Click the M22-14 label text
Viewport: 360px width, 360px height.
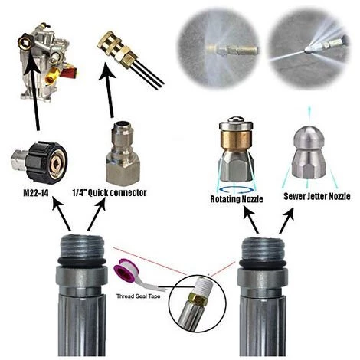tap(36, 193)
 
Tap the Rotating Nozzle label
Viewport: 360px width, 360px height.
tap(237, 199)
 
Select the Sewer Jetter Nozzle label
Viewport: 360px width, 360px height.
tap(317, 196)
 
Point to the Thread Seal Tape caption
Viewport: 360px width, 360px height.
tap(139, 296)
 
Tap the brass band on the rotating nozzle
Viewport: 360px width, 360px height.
tap(236, 139)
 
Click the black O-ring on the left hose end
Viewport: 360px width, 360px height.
tap(81, 262)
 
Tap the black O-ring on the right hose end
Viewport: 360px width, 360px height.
tap(262, 263)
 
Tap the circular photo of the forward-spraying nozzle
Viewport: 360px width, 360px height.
tap(309, 49)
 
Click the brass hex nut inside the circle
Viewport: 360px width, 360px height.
tap(197, 299)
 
